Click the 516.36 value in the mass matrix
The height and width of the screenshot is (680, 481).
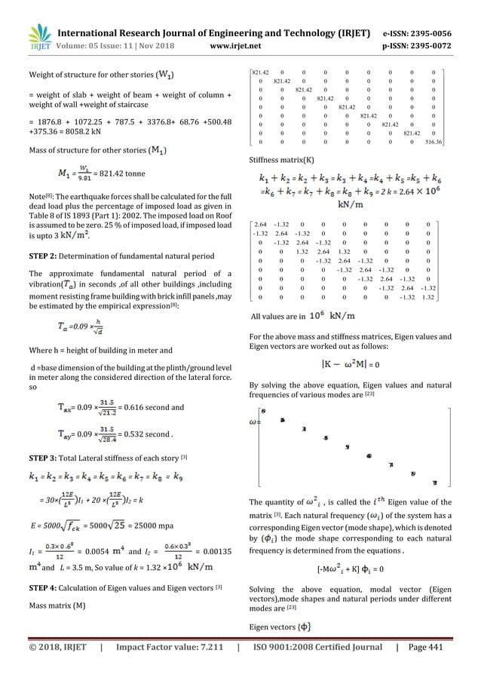point(432,141)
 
